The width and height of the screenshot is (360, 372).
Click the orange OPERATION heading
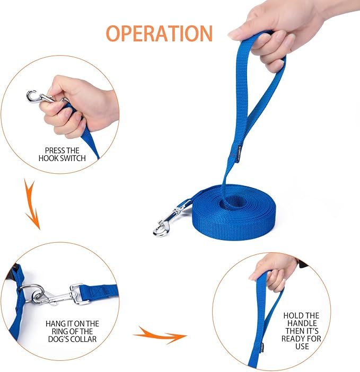pyautogui.click(x=159, y=33)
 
